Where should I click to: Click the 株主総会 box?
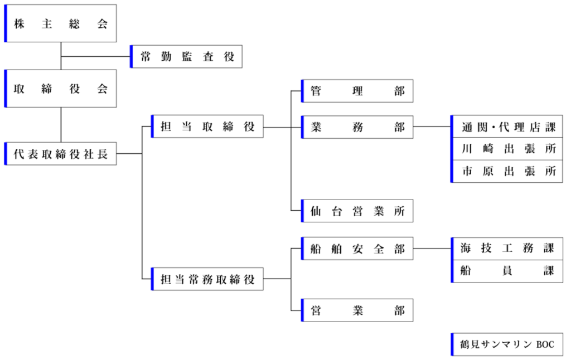60,23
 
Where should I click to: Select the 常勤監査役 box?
186,56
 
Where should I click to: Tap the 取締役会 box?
60,89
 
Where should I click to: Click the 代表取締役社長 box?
60,154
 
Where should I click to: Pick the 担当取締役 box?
207,127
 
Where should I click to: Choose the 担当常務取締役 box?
207,279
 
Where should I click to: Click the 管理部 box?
357,91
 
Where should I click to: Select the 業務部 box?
357,127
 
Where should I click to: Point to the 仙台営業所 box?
357,211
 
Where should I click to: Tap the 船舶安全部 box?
357,249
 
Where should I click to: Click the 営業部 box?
357,310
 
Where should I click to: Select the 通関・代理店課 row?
507,127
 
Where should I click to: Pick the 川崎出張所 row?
507,148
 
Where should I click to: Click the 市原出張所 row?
507,171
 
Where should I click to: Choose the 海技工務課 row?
507,249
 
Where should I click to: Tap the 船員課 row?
507,271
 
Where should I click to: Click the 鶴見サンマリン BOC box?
507,344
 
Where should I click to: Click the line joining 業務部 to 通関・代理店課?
432,127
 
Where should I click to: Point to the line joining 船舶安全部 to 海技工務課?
432,249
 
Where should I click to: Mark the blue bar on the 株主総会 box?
6,23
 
